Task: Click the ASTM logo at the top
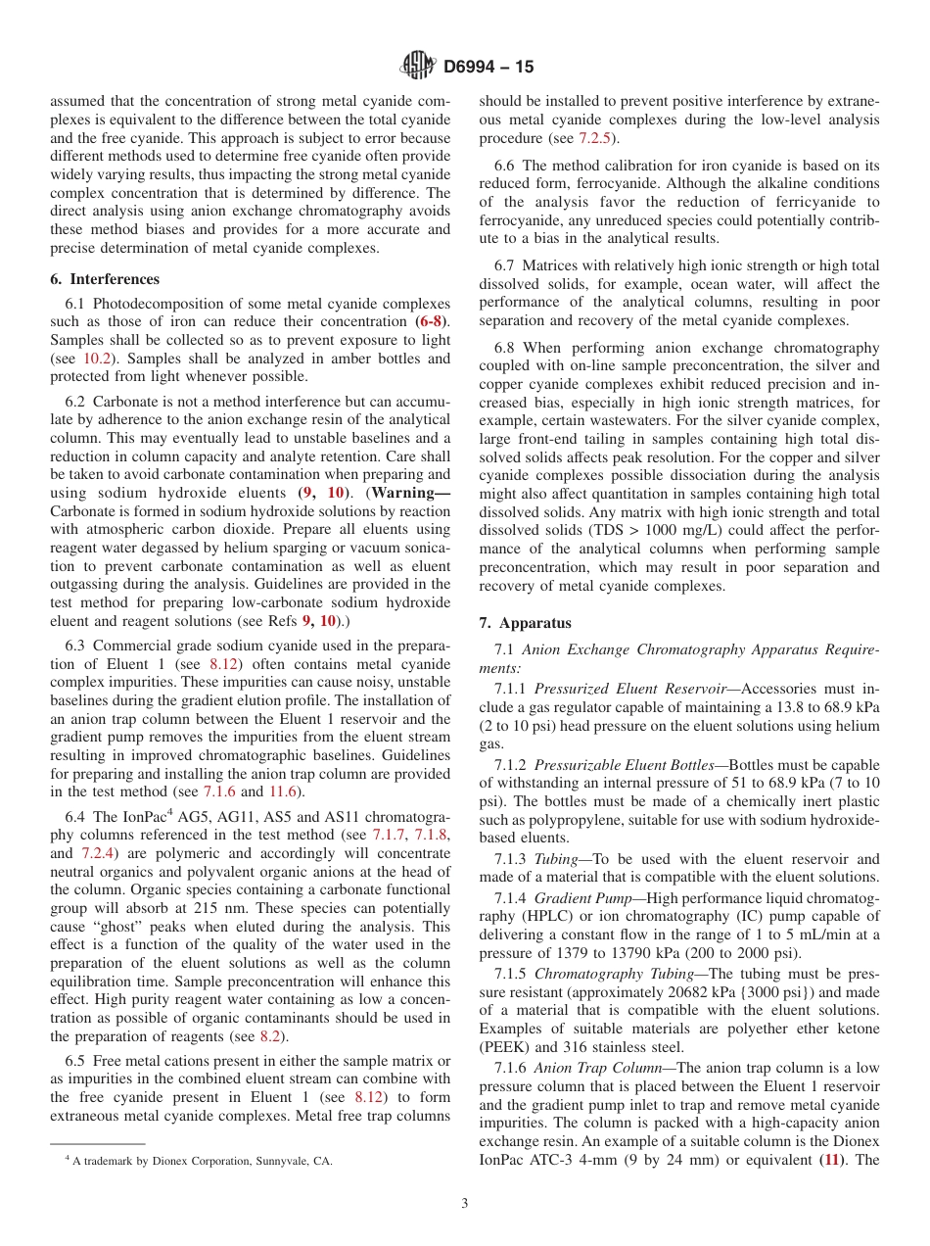coord(418,67)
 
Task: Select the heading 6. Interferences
coord(105,279)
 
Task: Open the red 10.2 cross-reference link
coord(96,359)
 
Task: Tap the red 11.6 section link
coord(287,791)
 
